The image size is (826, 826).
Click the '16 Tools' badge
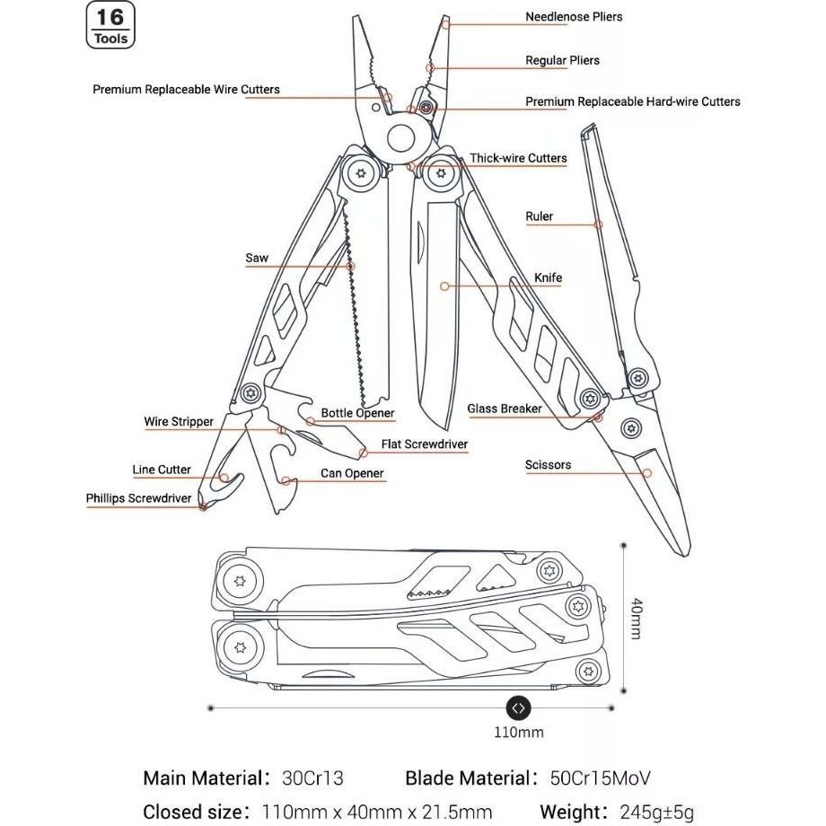click(x=111, y=25)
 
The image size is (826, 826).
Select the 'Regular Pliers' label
click(x=562, y=61)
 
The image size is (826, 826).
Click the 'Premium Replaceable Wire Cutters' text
click(x=186, y=90)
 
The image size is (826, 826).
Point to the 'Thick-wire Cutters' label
click(x=518, y=159)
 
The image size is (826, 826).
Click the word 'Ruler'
click(x=539, y=216)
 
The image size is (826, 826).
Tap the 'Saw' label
click(x=257, y=259)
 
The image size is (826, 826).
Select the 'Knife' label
click(x=548, y=278)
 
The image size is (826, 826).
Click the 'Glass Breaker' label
click(x=504, y=409)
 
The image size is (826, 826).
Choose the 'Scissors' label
click(x=548, y=465)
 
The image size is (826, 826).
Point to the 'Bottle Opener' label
click(x=357, y=414)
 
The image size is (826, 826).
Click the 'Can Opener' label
click(x=352, y=474)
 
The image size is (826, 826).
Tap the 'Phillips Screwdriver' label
click(x=139, y=498)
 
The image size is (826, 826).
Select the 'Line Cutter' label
click(x=162, y=470)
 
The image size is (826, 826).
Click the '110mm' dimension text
click(x=518, y=732)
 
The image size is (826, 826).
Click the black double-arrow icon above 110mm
click(x=518, y=707)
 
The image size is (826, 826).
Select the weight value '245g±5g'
click(x=656, y=813)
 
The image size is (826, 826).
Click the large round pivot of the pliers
click(x=400, y=140)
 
